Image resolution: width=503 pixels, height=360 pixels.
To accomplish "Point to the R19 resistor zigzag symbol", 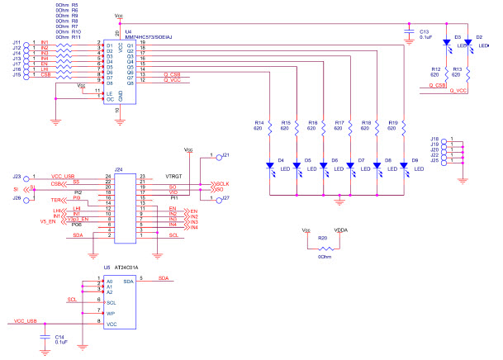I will [405, 126].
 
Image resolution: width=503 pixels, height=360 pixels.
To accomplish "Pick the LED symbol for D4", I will [271, 167].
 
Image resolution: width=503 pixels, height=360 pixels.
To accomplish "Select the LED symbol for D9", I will [405, 167].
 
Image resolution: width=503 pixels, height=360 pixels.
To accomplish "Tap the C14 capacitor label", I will [59, 338].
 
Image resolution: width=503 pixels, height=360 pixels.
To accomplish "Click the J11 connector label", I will [17, 42].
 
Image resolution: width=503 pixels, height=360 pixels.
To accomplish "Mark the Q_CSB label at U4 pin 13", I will [172, 74].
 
